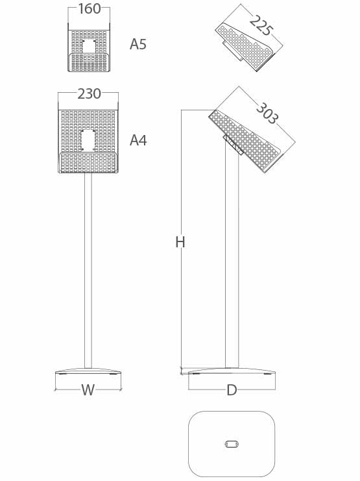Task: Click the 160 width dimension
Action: (90, 8)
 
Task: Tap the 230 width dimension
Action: (89, 94)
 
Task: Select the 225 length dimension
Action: (261, 25)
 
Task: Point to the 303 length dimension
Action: (267, 113)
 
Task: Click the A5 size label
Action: (138, 45)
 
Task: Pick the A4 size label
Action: (138, 140)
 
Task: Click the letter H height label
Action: (180, 242)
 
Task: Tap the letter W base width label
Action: (88, 390)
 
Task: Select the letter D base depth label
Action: (232, 391)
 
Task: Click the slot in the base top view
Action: (232, 444)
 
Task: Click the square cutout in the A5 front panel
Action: (89, 46)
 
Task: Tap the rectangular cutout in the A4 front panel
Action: (88, 140)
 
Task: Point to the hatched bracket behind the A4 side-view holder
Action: (234, 144)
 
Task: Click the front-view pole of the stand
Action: (88, 271)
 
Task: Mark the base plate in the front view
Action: (88, 371)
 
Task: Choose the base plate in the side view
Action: (232, 371)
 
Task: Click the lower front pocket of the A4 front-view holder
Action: (88, 162)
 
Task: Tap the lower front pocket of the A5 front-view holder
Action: (89, 62)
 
